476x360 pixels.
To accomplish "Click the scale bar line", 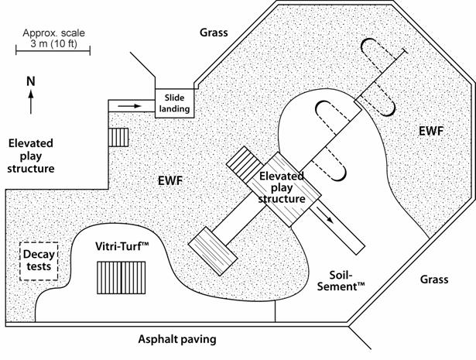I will click(53, 52).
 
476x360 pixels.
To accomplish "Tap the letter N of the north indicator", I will click(30, 80).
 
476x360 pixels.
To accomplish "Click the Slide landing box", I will click(173, 104).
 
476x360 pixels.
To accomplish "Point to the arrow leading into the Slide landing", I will click(132, 105).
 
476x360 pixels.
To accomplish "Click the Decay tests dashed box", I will click(38, 261).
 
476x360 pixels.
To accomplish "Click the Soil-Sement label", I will click(341, 279).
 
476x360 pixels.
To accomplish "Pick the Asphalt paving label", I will click(176, 339).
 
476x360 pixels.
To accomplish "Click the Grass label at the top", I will click(214, 33).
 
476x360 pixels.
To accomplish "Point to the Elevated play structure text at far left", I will click(32, 155).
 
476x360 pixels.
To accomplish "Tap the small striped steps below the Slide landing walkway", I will click(118, 137).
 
